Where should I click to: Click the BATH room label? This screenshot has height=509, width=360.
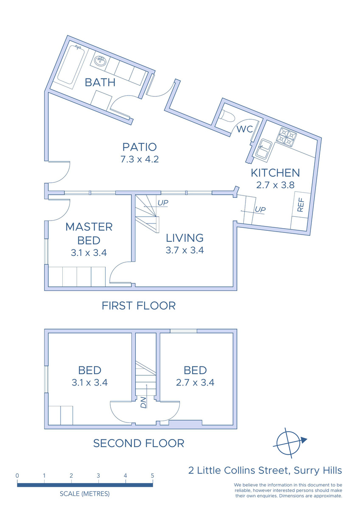point(100,82)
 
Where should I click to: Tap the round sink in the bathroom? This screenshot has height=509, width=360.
point(100,61)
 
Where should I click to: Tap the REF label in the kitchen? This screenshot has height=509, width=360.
point(300,205)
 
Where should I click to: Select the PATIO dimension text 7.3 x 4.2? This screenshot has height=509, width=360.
point(140,159)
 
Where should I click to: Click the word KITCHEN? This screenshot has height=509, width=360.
point(275,173)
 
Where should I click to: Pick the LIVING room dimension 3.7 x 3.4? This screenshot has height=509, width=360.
point(184,250)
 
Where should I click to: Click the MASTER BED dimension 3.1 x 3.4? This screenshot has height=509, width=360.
point(89,253)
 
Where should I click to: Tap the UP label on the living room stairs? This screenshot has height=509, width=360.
point(163,203)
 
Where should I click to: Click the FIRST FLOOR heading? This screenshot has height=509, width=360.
point(139,306)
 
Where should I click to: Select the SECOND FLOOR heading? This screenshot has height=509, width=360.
point(139,443)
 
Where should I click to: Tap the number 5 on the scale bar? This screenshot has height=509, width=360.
point(152,475)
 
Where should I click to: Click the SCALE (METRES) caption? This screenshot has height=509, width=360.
point(85,494)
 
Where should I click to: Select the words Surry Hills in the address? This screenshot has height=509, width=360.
point(318,470)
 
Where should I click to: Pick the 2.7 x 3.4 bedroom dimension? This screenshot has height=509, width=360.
point(195,383)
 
